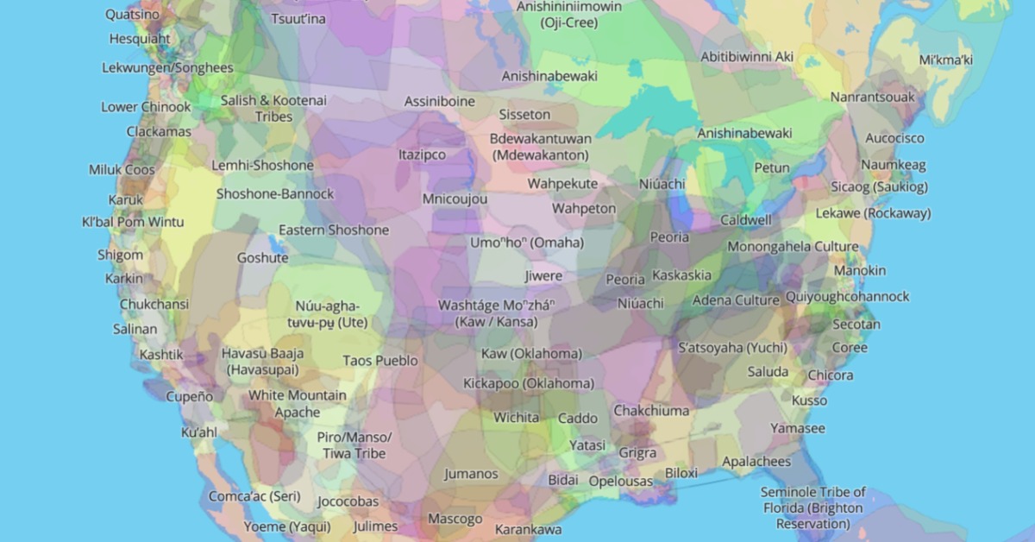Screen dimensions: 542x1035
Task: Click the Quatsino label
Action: tap(131, 15)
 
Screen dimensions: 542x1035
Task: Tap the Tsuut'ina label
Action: tap(298, 19)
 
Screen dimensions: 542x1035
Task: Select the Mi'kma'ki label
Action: tap(945, 60)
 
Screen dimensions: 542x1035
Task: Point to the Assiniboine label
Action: tap(440, 101)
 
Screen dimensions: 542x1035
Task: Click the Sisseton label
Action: tap(524, 114)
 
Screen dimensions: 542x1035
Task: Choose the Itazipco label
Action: tap(422, 154)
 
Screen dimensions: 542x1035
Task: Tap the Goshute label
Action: tap(263, 257)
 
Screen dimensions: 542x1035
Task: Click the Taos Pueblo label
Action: tap(380, 360)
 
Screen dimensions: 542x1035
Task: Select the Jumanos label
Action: tap(471, 473)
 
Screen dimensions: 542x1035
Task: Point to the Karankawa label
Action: tap(528, 528)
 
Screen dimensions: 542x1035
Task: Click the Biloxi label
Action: tap(681, 473)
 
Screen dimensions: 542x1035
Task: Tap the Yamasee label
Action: tap(798, 428)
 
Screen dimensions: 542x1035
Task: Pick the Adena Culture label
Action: tap(736, 300)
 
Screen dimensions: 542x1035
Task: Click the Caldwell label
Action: tap(746, 220)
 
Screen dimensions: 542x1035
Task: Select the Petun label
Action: tap(771, 167)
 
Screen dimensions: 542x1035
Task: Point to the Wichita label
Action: tap(516, 418)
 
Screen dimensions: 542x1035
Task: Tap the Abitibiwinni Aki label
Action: tap(747, 56)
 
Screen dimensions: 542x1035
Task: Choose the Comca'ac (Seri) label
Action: tap(254, 496)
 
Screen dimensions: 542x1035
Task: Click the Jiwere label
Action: tap(543, 276)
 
